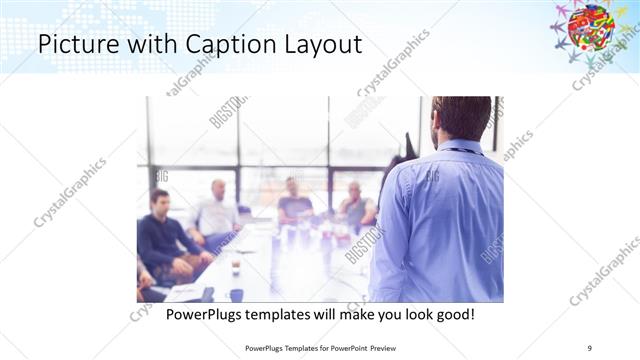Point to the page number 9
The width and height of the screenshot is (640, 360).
tap(590, 348)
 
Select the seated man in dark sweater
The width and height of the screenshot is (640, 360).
tap(163, 235)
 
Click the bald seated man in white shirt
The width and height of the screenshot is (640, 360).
tap(218, 210)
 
